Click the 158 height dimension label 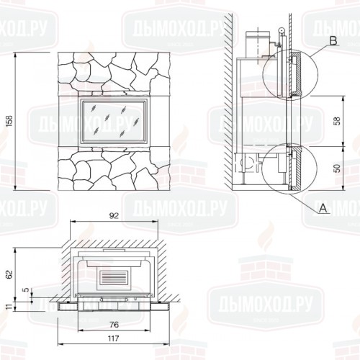pos(9,122)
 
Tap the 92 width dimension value pos(114,216)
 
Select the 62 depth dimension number pos(9,274)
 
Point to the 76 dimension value pos(114,325)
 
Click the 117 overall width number pos(113,338)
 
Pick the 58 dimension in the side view pos(337,121)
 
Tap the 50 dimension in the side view pos(337,168)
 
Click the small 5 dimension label pos(27,289)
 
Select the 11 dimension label pos(9,307)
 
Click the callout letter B pos(333,41)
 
